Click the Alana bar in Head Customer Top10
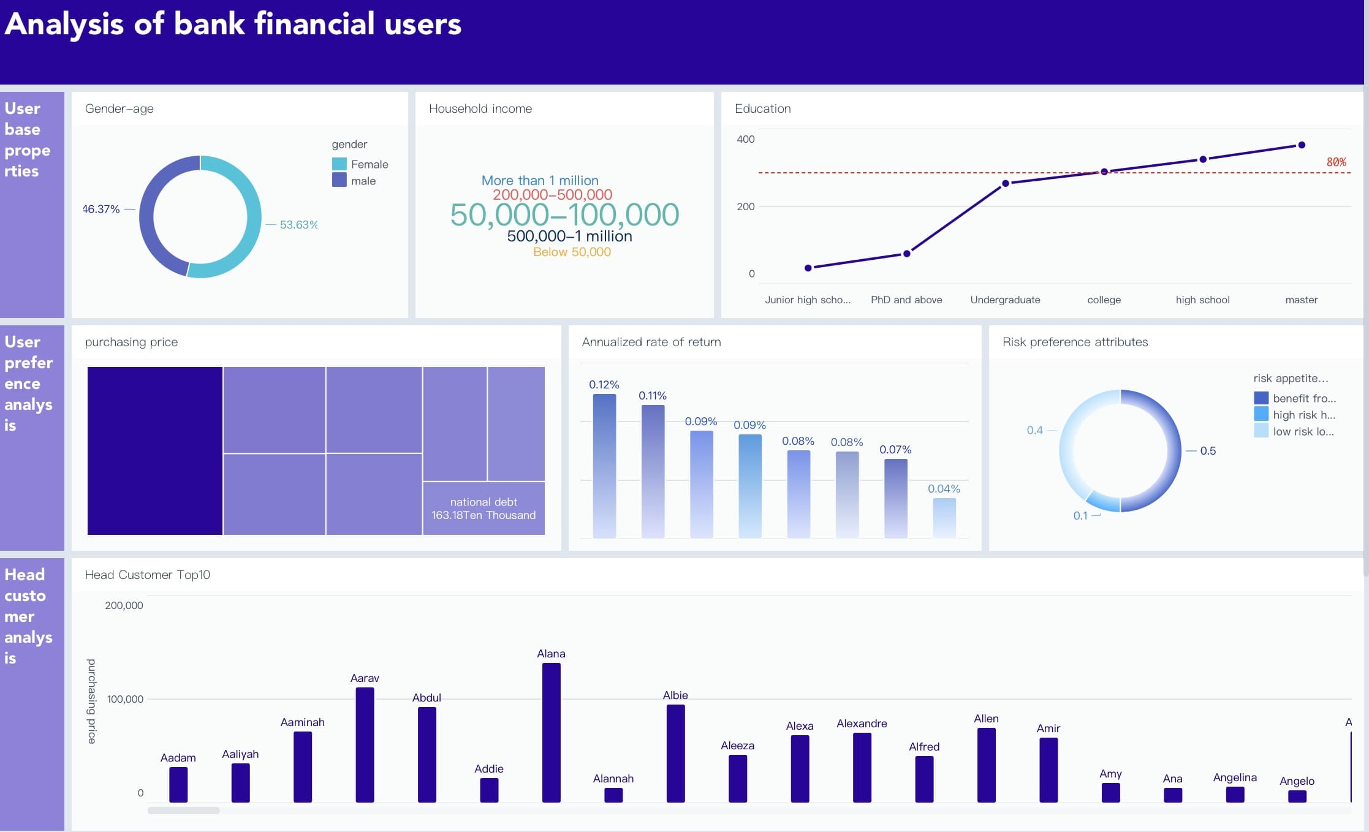551,732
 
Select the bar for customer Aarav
365,744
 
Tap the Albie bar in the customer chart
675,753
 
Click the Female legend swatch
339,164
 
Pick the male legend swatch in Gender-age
339,180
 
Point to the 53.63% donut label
298,225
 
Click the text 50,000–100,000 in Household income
564,215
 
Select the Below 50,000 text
572,252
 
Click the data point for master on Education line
1302,145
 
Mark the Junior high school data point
808,268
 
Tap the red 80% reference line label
1336,162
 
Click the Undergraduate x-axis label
1005,300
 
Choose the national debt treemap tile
484,508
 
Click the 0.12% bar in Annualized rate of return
604,466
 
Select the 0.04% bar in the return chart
944,518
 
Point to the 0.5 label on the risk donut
1208,451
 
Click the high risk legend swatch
1261,414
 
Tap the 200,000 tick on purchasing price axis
124,605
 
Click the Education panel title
762,108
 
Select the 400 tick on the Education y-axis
745,139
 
